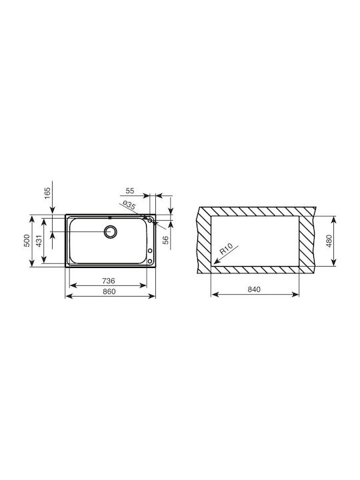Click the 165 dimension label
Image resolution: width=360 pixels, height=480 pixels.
[47, 193]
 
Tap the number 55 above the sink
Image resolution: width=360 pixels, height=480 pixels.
[130, 191]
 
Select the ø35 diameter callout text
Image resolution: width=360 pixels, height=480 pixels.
[128, 205]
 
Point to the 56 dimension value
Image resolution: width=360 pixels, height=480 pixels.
[165, 240]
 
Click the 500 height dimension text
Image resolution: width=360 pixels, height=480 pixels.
[27, 241]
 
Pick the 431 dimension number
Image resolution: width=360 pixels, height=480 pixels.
[39, 241]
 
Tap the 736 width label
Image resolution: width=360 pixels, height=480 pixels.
[109, 281]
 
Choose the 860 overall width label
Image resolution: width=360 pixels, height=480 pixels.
[109, 291]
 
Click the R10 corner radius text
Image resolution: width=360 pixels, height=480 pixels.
[227, 249]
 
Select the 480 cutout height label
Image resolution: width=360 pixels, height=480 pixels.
[329, 241]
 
